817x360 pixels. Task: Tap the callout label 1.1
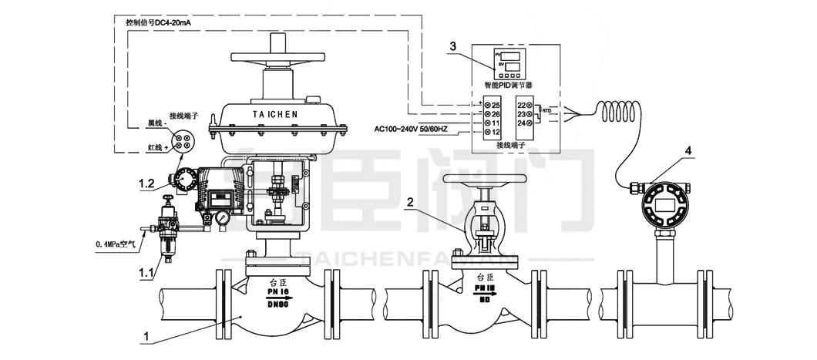[x=144, y=271]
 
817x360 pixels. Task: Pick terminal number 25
[x=496, y=105]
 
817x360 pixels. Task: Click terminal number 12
[x=496, y=133]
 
